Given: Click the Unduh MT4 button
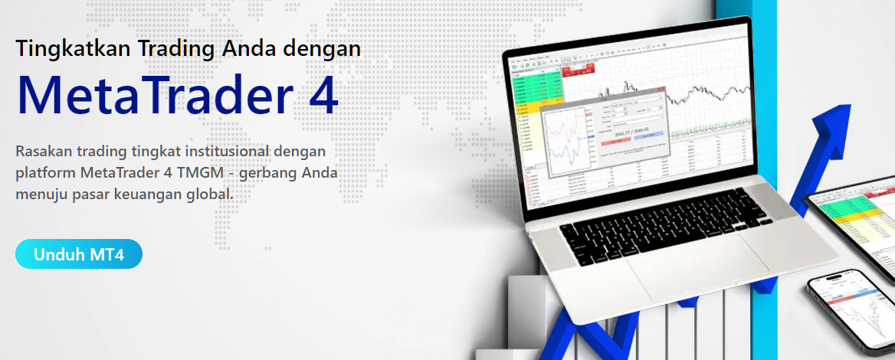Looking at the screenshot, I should (x=79, y=254).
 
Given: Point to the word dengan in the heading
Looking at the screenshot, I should (x=321, y=49).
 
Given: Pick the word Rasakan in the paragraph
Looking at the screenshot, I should (x=40, y=150).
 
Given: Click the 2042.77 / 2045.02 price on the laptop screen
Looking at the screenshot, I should (x=627, y=132).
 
